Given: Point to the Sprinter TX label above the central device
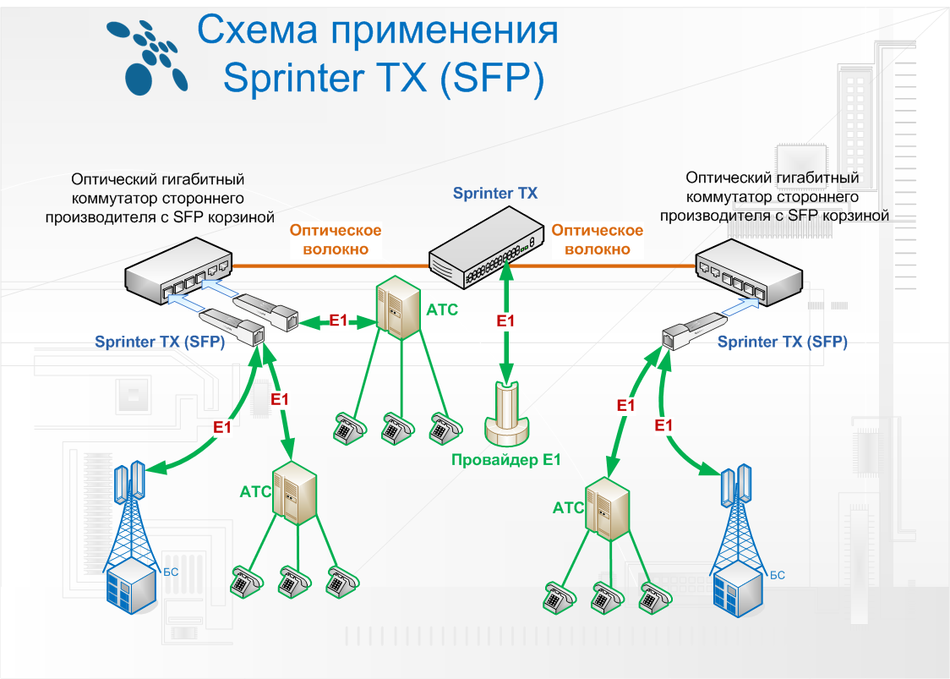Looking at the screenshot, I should [x=494, y=194].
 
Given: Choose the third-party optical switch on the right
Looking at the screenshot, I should [x=747, y=273].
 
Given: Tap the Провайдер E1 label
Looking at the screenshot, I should [x=505, y=460].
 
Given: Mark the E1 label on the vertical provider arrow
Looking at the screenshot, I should [x=505, y=321].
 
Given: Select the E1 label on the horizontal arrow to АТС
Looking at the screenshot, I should [x=338, y=320].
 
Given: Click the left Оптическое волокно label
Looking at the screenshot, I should [x=336, y=239].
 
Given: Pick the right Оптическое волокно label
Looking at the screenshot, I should [x=597, y=239].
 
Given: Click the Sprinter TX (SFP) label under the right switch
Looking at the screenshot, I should [x=782, y=342].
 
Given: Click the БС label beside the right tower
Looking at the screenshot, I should [x=777, y=575].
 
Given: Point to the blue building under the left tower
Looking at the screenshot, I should [x=131, y=587].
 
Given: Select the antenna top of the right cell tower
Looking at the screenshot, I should [x=735, y=482].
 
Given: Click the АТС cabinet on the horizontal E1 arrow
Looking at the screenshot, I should [x=396, y=307].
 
